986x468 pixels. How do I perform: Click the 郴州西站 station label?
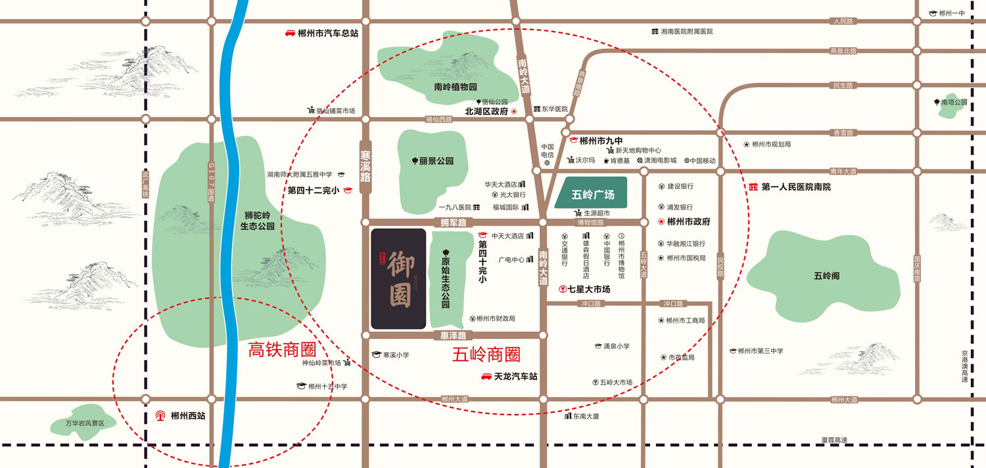tap(188, 415)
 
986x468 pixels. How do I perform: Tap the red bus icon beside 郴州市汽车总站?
tap(289, 33)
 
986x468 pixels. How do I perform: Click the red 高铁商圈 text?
tap(281, 350)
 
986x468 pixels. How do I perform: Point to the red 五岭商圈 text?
tap(486, 355)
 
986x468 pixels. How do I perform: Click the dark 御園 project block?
tap(398, 279)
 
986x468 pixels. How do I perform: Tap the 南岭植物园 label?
tap(455, 87)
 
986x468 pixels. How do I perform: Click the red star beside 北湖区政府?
tap(514, 112)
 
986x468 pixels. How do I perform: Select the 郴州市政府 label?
tap(688, 222)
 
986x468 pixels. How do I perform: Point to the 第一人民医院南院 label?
tap(796, 187)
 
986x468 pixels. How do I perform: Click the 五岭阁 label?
tap(826, 276)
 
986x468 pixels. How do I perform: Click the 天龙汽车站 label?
tap(515, 377)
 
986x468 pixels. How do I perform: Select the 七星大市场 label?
tap(589, 289)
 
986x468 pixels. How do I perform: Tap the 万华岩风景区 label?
tap(85, 423)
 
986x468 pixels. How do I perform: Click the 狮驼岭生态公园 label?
tap(257, 220)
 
